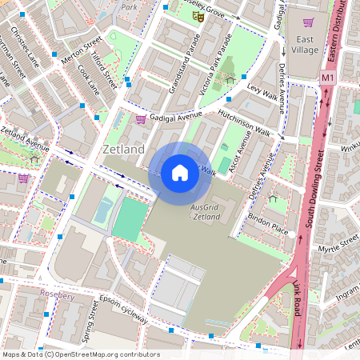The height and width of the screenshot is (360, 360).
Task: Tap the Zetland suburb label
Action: click(124, 150)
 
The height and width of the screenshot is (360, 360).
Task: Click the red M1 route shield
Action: click(327, 78)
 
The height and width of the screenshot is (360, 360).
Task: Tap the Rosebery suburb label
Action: click(57, 294)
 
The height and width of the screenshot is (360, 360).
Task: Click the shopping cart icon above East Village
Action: click(308, 22)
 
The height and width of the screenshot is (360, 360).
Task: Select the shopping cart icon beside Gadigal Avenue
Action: click(141, 119)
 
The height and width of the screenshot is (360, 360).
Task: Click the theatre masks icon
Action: click(199, 15)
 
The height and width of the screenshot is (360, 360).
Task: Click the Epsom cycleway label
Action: click(123, 310)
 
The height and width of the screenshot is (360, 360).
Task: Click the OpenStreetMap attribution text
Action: click(80, 354)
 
